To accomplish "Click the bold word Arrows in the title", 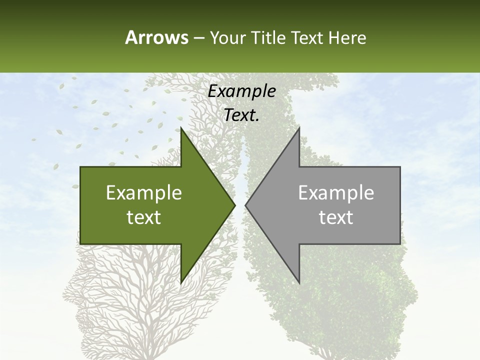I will [x=156, y=37].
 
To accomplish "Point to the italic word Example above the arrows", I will [x=242, y=91].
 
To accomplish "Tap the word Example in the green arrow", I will [x=144, y=193].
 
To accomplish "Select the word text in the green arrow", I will [x=144, y=217].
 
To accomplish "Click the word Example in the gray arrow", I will [x=336, y=193].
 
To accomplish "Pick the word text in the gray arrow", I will [x=336, y=217].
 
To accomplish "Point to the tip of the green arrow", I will [x=234, y=205].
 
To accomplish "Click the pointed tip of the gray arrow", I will [x=246, y=205].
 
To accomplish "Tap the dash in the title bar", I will [x=198, y=38].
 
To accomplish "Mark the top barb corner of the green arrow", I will [x=181, y=128].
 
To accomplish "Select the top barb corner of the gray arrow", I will [x=299, y=128].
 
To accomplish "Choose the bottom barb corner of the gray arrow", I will [x=299, y=282].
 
